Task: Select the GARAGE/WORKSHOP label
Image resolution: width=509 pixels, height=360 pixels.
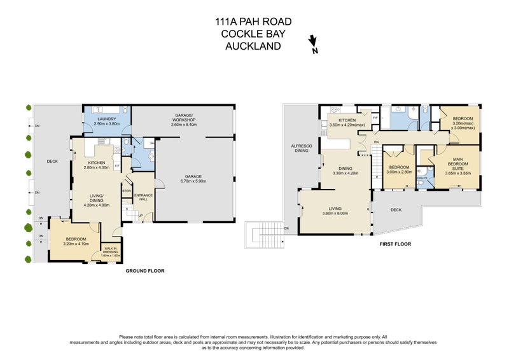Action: pyautogui.click(x=184, y=118)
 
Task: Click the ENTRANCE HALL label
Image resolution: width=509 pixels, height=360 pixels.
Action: pyautogui.click(x=144, y=197)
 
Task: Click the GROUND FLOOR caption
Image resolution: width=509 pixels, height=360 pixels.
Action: pyautogui.click(x=145, y=271)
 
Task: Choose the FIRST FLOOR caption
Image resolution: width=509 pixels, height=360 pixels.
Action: pyautogui.click(x=395, y=244)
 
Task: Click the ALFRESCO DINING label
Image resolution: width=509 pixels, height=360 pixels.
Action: pyautogui.click(x=300, y=149)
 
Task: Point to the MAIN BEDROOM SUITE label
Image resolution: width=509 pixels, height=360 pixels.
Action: pyautogui.click(x=454, y=163)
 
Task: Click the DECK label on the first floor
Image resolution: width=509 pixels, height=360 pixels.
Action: pyautogui.click(x=396, y=209)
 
